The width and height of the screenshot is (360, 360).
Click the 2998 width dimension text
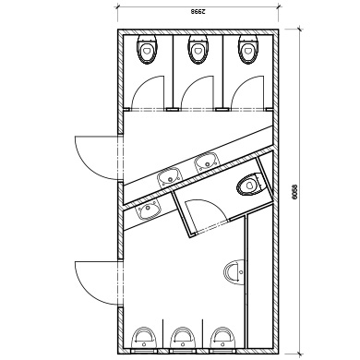(x=198, y=12)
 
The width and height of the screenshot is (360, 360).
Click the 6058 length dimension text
(x=294, y=192)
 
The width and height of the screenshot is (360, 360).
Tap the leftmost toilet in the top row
(x=147, y=49)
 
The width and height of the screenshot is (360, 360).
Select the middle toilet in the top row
(x=198, y=49)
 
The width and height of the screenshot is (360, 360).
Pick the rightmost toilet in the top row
(x=247, y=49)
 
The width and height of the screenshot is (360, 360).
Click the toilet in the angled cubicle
(x=251, y=185)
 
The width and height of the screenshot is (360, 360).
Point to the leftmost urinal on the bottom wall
(x=144, y=338)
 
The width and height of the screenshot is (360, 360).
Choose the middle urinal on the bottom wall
(x=183, y=338)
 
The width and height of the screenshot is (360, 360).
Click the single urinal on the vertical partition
(x=234, y=272)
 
